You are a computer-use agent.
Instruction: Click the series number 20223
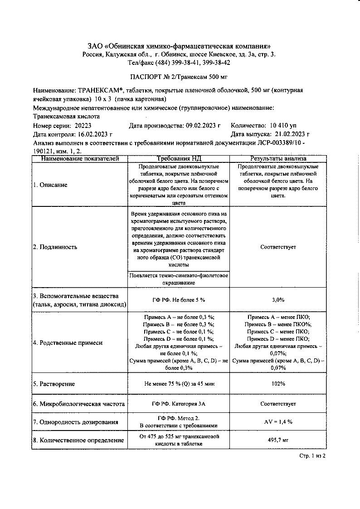pos(83,126)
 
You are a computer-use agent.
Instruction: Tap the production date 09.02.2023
pos(200,126)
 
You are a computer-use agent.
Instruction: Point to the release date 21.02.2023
pos(291,134)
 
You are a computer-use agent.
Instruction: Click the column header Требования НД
pos(179,159)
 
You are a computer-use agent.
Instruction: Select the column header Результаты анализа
pos(278,159)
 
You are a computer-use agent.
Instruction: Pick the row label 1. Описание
pos(50,185)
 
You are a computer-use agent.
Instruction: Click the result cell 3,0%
pos(278,300)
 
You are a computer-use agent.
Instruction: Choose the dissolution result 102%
pos(278,384)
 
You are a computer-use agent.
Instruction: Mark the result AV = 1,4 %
pos(278,422)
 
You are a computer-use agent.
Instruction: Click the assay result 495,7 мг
pos(278,440)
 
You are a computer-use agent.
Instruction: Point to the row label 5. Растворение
pos(54,384)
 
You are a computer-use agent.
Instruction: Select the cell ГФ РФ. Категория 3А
pos(179,403)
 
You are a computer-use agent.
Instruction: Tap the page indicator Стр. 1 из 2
pos(313,455)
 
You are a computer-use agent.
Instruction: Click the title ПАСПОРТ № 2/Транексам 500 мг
pos(180,77)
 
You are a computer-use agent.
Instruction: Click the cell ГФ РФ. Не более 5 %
pos(179,300)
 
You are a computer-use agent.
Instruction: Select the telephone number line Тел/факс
pos(180,63)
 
